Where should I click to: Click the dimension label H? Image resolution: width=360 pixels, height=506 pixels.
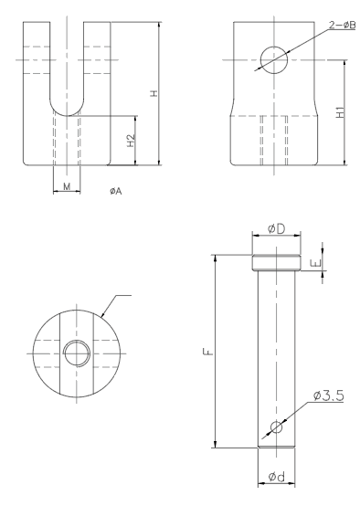point(154,93)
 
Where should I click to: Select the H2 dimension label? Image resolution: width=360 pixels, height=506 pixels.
point(131,141)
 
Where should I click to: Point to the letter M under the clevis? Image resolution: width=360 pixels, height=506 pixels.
point(67,186)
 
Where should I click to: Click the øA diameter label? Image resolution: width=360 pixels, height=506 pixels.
point(116,191)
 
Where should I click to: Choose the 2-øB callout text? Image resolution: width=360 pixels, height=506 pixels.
point(343,26)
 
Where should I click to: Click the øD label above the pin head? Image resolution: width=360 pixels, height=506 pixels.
point(276,229)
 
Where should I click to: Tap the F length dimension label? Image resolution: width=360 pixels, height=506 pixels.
point(209,351)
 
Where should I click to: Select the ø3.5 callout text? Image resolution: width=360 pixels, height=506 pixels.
point(328,395)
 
